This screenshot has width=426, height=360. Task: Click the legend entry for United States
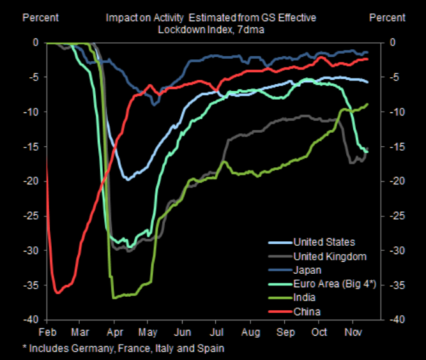pyautogui.click(x=324, y=242)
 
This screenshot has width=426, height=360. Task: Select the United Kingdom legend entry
pyautogui.click(x=330, y=256)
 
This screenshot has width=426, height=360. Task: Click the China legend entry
pyautogui.click(x=307, y=311)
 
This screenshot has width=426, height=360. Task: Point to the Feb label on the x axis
pyautogui.click(x=48, y=333)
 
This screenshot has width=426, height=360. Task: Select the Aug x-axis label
pyautogui.click(x=250, y=333)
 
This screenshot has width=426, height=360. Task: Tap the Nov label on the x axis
pyautogui.click(x=353, y=333)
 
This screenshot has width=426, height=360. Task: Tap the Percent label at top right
pyautogui.click(x=388, y=17)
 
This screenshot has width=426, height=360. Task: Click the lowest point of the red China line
pyautogui.click(x=57, y=293)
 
